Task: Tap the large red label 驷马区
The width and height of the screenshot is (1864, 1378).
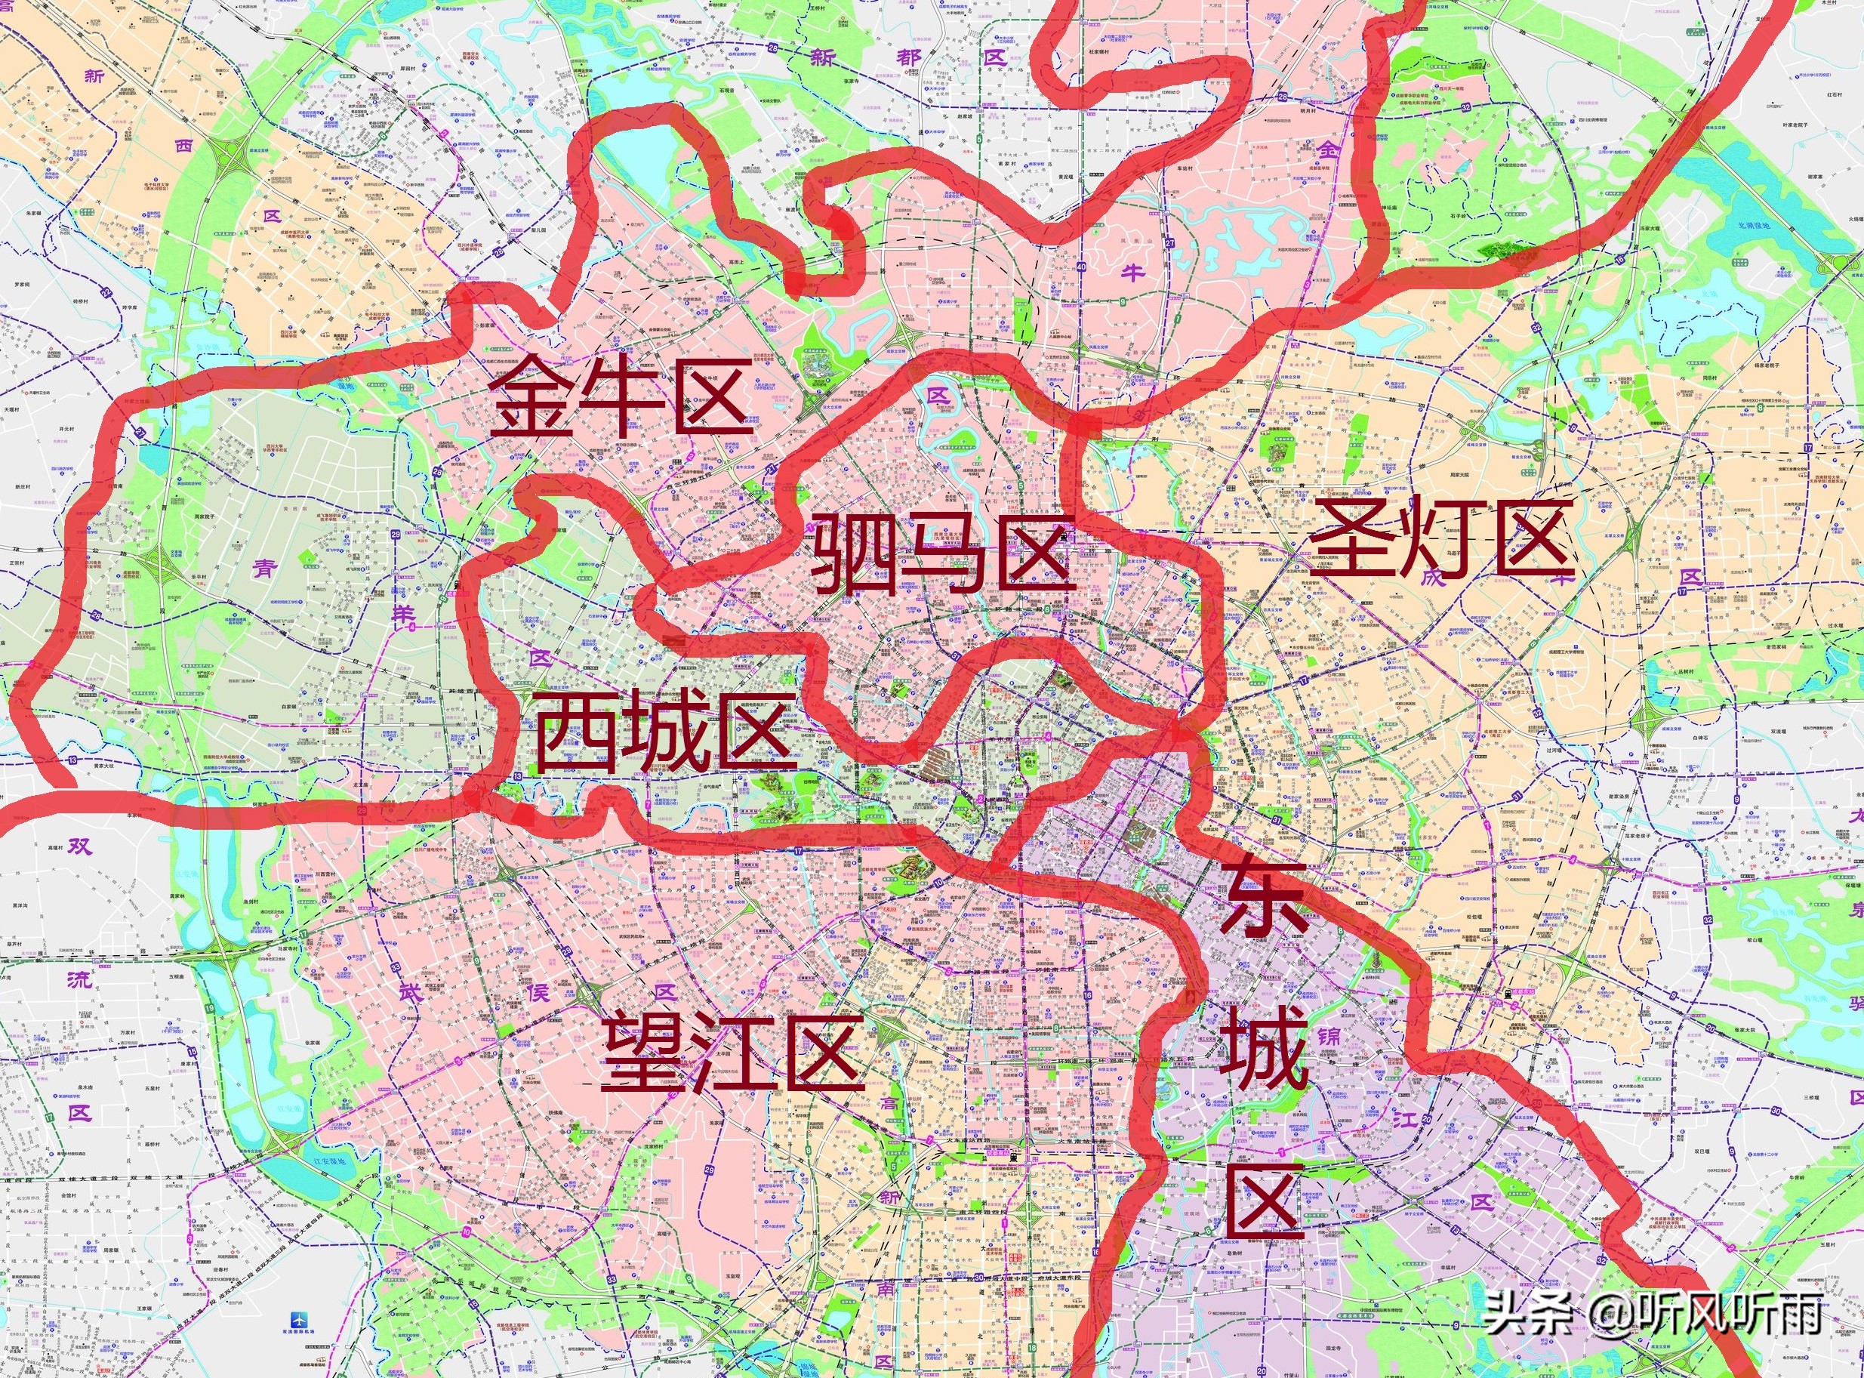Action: [x=941, y=553]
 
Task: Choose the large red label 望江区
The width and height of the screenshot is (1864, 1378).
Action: [x=732, y=1050]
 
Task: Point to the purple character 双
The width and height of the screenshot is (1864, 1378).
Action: [x=79, y=847]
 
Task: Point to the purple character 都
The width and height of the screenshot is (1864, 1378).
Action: [x=908, y=57]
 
